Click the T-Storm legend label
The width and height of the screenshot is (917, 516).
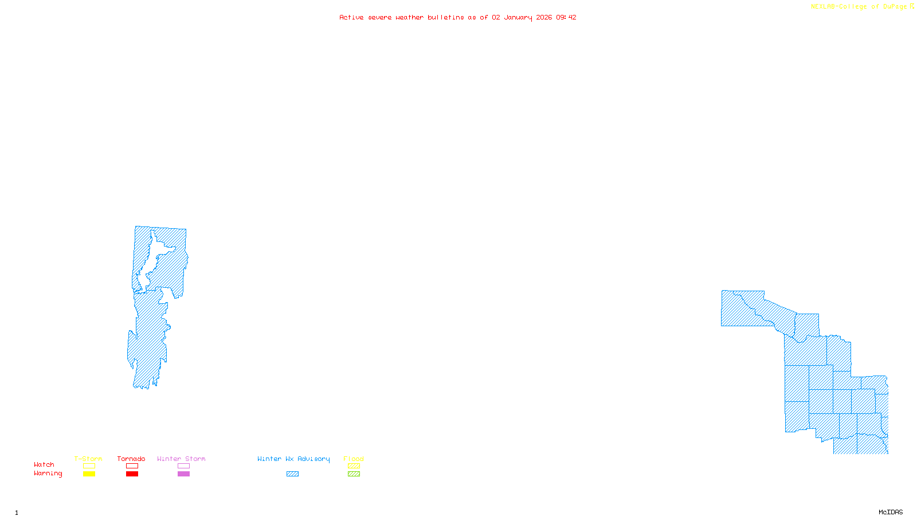tap(88, 459)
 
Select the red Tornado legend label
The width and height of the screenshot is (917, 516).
tap(131, 459)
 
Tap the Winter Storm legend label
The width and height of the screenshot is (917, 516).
tap(181, 459)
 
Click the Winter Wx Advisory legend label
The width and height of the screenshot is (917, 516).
tap(293, 459)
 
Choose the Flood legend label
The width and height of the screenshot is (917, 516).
tap(354, 459)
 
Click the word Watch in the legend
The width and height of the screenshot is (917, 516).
tap(44, 465)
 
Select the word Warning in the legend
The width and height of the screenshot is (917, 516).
tap(48, 474)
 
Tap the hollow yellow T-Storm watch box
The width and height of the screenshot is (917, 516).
tap(89, 466)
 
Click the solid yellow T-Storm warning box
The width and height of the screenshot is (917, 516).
tap(89, 474)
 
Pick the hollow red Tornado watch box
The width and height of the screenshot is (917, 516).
tap(132, 466)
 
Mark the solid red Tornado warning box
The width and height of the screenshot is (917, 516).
tap(132, 474)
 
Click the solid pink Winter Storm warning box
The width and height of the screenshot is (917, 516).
tap(183, 474)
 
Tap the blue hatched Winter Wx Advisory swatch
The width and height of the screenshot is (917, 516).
tap(292, 474)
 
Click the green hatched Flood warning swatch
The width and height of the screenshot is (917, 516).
tap(354, 474)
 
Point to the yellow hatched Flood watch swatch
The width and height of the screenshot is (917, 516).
tap(354, 466)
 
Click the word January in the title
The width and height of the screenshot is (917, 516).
tap(518, 18)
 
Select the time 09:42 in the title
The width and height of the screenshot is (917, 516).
tap(566, 18)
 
